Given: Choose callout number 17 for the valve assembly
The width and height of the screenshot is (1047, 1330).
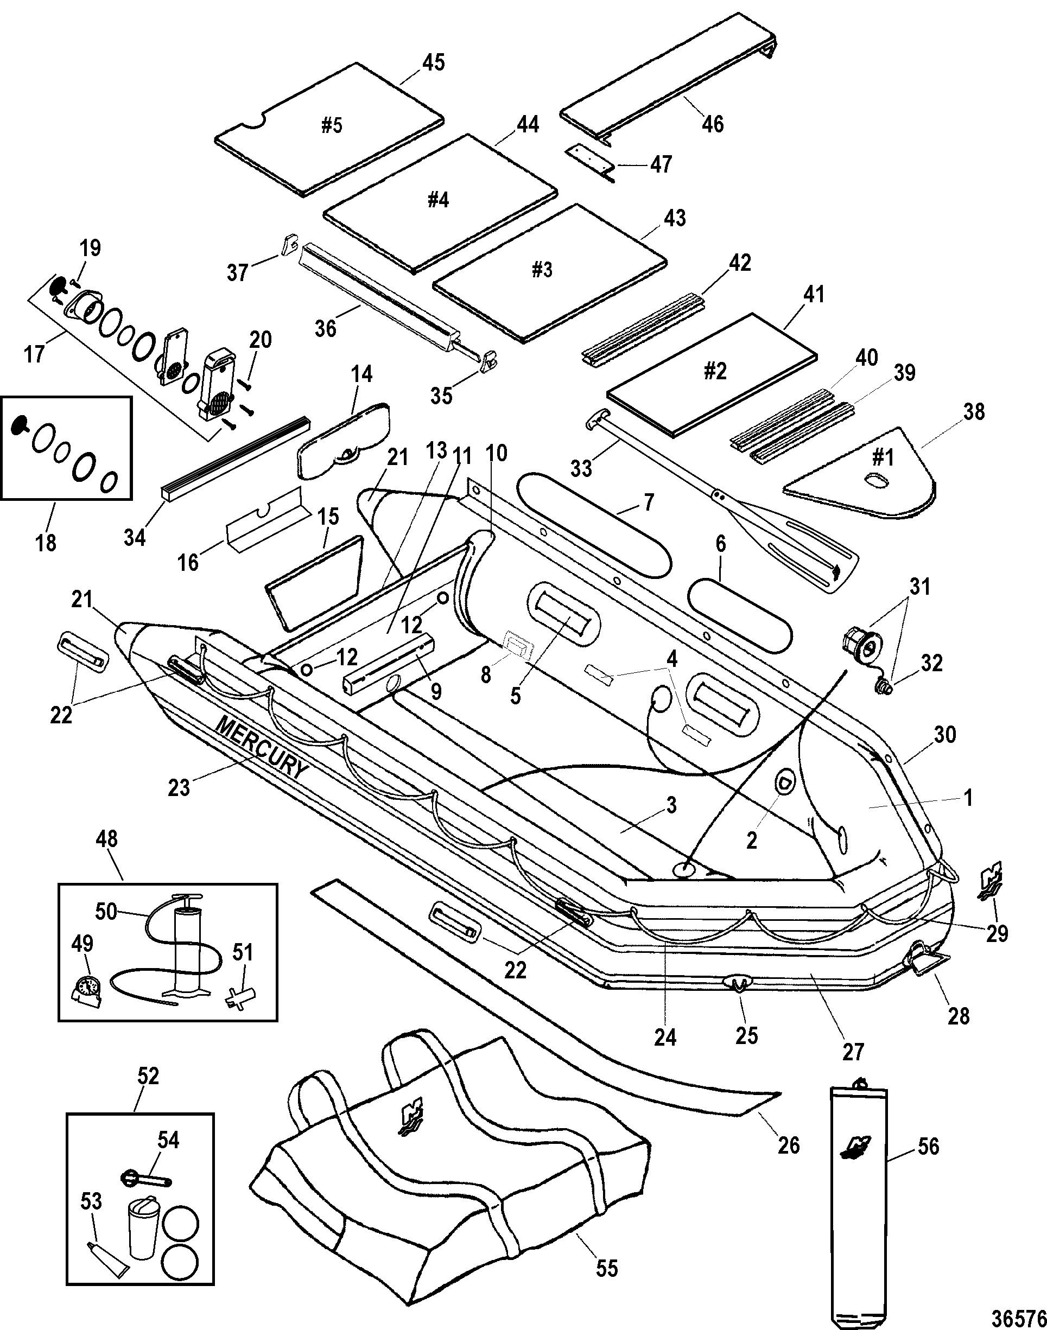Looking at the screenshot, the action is tap(35, 354).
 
